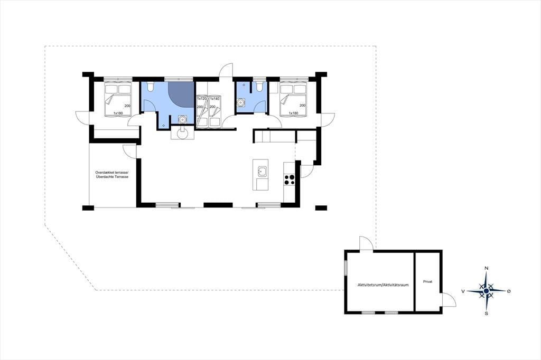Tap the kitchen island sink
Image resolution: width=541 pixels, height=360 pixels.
pos(263,171)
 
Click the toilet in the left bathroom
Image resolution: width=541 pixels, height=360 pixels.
pos(150,87)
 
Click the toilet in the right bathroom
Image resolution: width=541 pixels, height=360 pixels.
pos(259,87)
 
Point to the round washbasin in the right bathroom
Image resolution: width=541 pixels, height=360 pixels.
pos(241,102)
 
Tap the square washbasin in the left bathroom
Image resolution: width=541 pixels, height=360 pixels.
pos(182,119)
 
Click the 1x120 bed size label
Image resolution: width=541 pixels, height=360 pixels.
pos(202,99)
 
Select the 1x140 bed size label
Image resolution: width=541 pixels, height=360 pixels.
pos(214,99)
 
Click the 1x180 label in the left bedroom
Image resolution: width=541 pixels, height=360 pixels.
pos(118,113)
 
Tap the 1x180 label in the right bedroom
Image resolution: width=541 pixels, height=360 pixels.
pos(293,113)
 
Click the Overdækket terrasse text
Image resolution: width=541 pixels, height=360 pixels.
pos(112,173)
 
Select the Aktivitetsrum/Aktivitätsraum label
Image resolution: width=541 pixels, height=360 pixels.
pos(383,285)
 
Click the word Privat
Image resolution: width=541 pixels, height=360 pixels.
pos(427,282)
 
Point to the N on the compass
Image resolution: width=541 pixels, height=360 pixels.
pos(487,268)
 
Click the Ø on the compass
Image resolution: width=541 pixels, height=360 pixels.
pos(509,291)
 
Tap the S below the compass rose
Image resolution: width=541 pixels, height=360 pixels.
pos(487,314)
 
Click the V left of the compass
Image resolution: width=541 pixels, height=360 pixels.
pos(463,291)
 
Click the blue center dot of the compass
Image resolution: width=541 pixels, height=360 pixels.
pos(486,291)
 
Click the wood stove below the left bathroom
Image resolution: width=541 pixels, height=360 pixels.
pos(182,132)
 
